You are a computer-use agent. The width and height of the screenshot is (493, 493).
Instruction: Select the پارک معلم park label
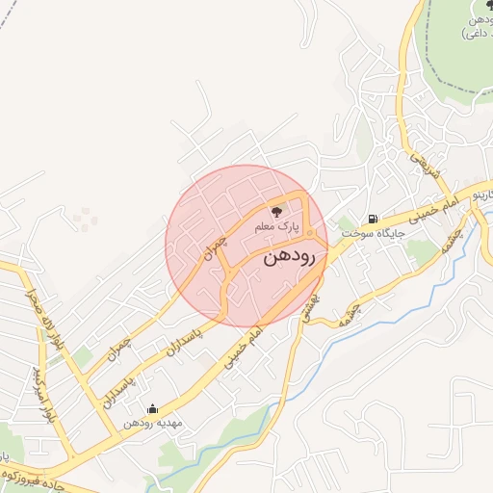coord(277,227)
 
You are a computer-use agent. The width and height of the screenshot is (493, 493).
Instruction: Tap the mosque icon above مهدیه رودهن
coord(150,408)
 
